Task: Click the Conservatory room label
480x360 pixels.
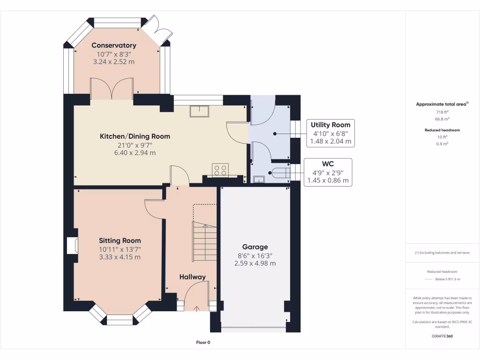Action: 114,45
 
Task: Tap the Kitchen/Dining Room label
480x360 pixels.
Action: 135,136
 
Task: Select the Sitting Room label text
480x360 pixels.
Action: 120,240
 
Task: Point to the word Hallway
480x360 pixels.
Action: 193,277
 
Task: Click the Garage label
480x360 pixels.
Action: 255,247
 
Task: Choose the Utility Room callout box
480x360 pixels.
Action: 330,133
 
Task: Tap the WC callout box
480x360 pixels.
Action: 328,172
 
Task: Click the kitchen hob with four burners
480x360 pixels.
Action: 220,170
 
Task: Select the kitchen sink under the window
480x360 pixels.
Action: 199,111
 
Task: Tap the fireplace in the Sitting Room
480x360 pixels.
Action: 73,246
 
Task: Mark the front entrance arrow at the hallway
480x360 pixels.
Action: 196,309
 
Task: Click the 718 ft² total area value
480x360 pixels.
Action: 442,112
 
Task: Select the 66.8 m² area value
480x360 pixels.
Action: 442,119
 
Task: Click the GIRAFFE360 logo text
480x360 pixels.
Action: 442,336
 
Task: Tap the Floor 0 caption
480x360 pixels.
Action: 203,343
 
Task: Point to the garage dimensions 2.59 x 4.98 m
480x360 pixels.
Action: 255,263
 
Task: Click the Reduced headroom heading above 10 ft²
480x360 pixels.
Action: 442,130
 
